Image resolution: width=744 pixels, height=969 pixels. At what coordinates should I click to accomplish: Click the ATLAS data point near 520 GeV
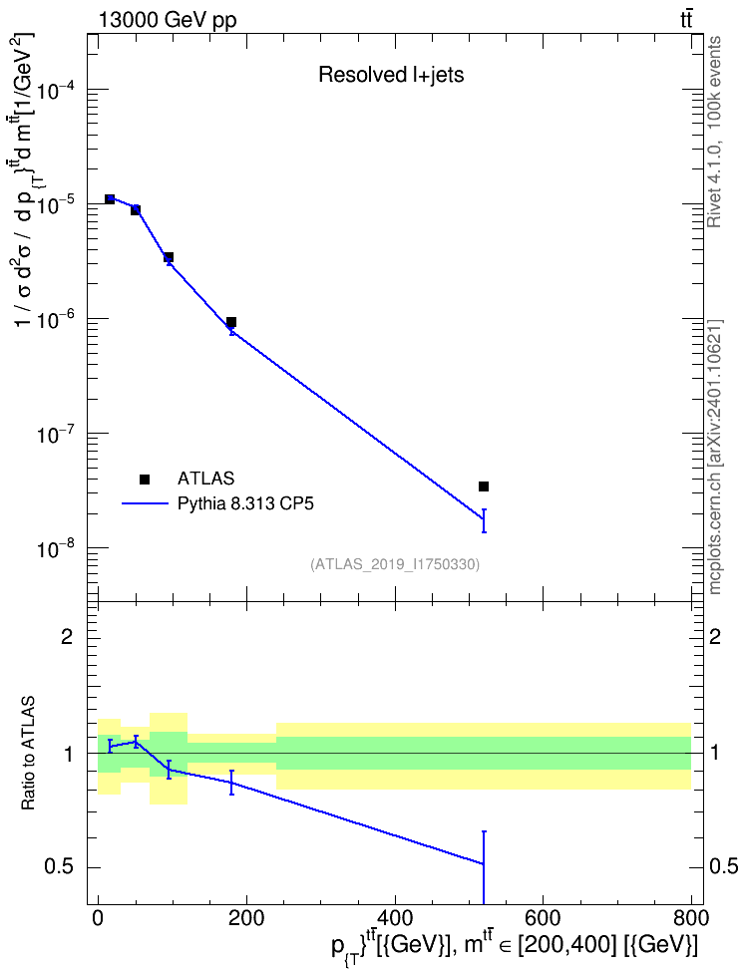click(x=484, y=486)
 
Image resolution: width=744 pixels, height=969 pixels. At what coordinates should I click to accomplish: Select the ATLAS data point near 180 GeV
click(x=231, y=322)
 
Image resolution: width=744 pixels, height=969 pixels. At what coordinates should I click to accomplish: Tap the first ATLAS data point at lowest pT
click(x=110, y=199)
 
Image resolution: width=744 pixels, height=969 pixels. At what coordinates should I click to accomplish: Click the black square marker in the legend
click(x=145, y=479)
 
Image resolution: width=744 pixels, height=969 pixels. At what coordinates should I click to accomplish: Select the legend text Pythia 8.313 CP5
click(x=245, y=503)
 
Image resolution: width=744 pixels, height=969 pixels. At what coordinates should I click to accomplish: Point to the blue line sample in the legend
click(x=145, y=503)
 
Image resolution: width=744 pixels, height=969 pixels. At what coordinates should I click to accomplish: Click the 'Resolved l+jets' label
click(x=391, y=75)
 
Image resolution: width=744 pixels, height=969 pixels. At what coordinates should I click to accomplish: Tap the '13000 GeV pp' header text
click(x=168, y=20)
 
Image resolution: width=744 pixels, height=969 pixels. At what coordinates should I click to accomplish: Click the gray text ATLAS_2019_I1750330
click(x=395, y=564)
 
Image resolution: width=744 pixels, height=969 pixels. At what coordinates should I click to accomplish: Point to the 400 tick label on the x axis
click(x=395, y=917)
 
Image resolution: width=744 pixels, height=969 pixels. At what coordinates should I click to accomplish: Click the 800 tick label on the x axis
click(x=691, y=917)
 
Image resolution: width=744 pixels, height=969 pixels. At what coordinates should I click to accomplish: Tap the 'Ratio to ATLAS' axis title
click(x=28, y=754)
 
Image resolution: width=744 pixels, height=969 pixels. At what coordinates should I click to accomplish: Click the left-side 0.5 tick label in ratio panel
click(x=60, y=866)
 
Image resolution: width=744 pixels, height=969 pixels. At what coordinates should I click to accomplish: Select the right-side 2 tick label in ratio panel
click(x=715, y=636)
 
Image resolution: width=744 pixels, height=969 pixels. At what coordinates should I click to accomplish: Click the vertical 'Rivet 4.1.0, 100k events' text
click(x=714, y=132)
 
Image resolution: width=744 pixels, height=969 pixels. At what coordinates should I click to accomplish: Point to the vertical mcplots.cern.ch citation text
click(x=714, y=457)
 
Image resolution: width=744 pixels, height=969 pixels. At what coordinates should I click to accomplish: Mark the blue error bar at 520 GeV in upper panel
click(x=484, y=520)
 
